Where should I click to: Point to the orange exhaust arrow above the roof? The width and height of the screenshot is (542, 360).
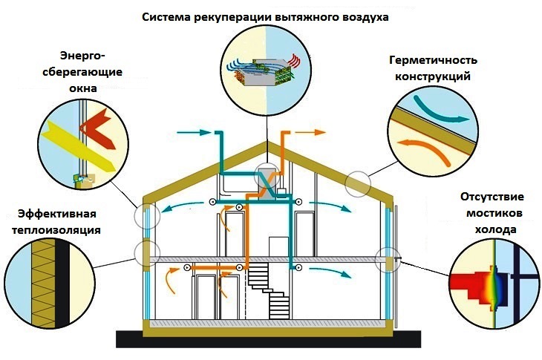pos(313,132)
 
